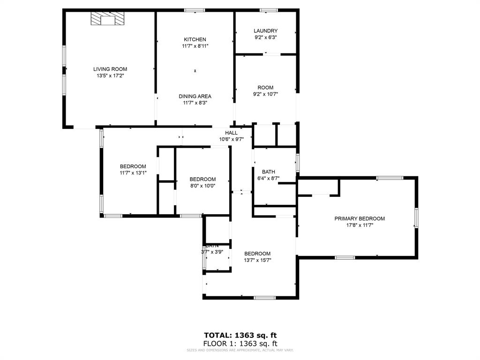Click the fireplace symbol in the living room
108,19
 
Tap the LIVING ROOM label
110,69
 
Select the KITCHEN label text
195,39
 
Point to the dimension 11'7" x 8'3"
195,103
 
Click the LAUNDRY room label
266,31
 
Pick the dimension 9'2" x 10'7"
265,94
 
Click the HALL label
231,133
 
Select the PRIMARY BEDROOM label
360,218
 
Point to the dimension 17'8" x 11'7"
360,225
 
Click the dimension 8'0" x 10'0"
202,186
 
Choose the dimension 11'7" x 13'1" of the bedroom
133,172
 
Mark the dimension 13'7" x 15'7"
257,260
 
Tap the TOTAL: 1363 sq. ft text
240,335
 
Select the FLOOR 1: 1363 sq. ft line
240,343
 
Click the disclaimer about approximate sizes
240,350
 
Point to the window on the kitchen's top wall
194,10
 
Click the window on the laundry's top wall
269,10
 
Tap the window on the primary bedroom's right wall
416,218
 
